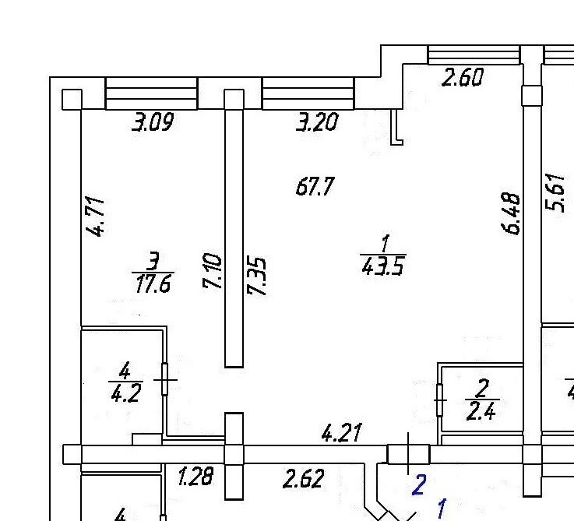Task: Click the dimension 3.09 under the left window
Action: coord(152,122)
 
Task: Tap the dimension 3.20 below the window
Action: coord(316,121)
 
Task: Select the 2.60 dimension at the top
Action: coord(463,77)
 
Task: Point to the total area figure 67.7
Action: coord(315,187)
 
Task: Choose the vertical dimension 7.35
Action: coord(257,276)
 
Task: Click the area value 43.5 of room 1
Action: coord(383,266)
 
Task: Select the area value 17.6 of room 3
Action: coord(152,282)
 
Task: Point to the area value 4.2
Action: coord(125,392)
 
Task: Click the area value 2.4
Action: coord(481,410)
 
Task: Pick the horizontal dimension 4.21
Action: coord(342,432)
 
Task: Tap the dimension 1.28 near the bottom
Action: coord(195,476)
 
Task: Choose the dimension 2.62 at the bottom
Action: coord(302,477)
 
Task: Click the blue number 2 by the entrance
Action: coord(418,487)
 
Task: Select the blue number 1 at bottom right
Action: coord(441,510)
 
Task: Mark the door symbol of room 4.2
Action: coord(165,380)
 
